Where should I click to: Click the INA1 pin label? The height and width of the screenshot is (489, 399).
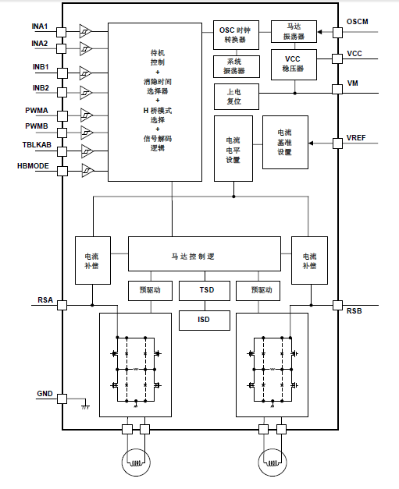click(x=39, y=26)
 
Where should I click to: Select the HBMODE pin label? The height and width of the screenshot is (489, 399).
click(x=33, y=165)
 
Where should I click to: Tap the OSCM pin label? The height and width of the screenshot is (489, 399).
click(x=359, y=21)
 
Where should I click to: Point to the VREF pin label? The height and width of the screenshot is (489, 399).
click(x=358, y=138)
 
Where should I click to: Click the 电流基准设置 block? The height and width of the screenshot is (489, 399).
click(x=284, y=142)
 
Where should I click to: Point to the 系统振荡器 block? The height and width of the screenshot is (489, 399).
click(x=235, y=66)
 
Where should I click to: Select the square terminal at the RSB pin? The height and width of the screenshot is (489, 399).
click(x=337, y=304)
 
